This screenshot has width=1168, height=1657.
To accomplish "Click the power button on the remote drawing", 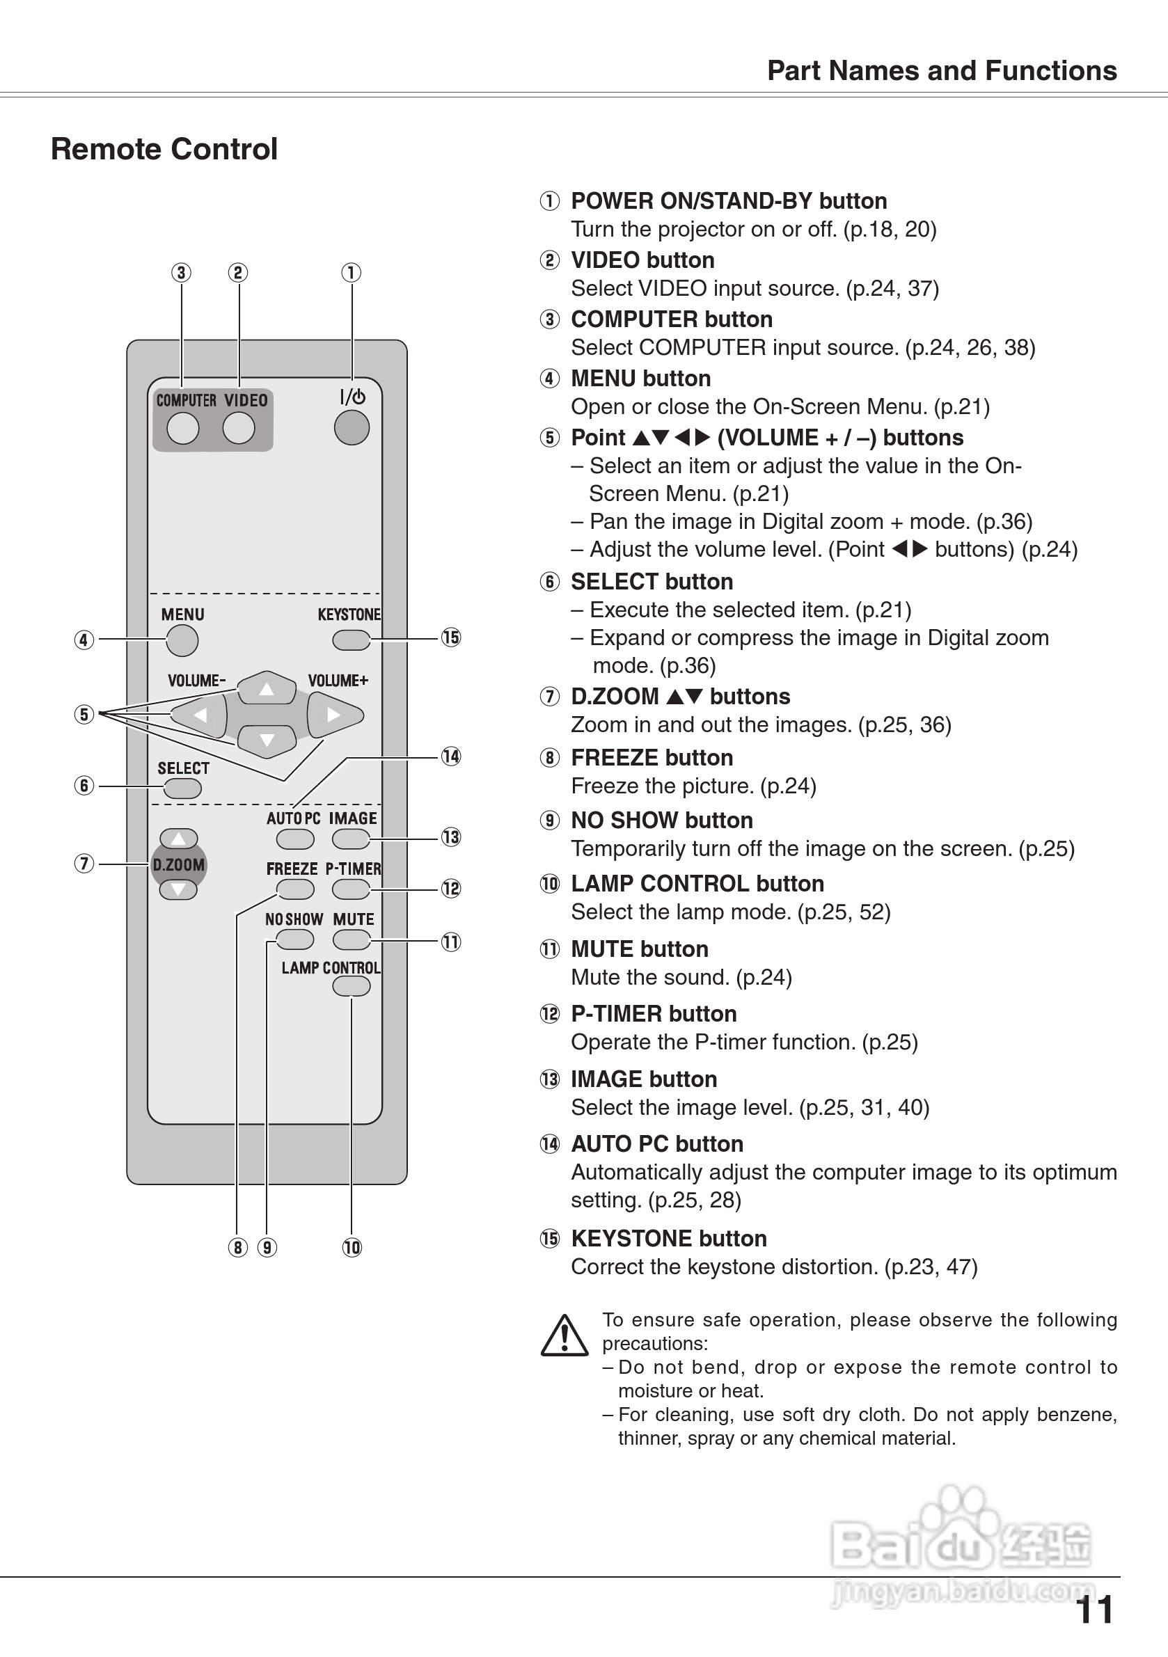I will coord(352,427).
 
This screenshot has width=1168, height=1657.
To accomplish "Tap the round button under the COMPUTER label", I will coord(182,429).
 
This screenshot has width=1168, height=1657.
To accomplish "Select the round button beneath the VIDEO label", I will coord(239,429).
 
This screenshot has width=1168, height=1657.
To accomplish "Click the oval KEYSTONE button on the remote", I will coord(351,640).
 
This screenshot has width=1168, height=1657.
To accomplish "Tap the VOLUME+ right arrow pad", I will coord(334,715).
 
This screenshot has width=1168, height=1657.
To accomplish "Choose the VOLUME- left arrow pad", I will coord(199,715).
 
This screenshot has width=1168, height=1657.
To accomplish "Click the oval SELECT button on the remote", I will coord(182,788).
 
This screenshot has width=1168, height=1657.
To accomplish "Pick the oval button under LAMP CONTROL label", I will coord(352,986).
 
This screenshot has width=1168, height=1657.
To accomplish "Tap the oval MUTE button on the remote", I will coord(352,940).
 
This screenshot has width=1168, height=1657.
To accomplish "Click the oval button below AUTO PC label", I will coord(295,839).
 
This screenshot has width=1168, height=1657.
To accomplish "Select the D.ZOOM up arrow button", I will coord(178,839).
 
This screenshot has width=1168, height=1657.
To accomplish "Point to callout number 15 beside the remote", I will coord(450,637).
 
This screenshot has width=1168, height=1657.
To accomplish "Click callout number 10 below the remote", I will coord(352,1247).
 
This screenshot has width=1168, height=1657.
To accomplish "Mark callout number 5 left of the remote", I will coord(84,715).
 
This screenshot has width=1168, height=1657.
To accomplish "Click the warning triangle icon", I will coord(565,1336).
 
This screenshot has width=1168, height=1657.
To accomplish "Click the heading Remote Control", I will coord(164,150).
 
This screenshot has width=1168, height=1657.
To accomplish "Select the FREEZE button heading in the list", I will coord(651,758).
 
